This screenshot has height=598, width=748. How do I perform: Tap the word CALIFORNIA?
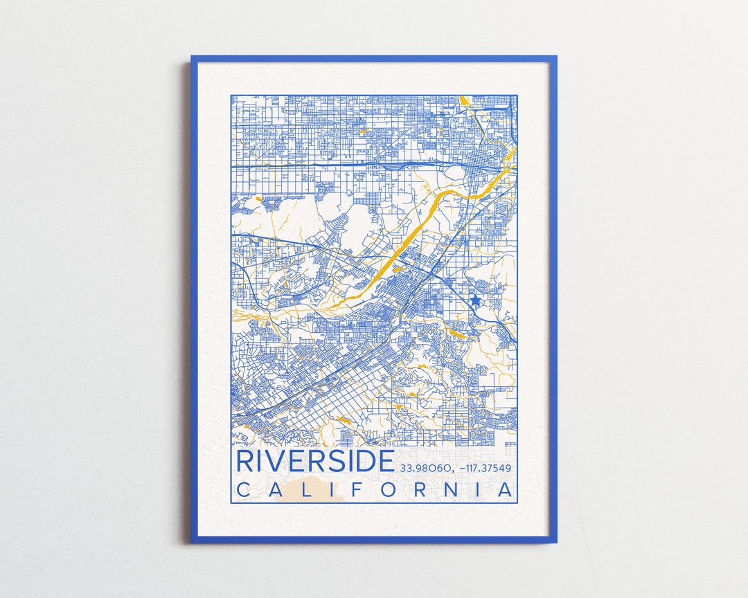click(376, 490)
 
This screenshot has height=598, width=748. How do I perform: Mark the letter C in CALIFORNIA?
click(243, 490)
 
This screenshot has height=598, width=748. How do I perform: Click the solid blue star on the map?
click(475, 301)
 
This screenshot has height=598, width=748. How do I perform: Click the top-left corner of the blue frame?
click(193, 57)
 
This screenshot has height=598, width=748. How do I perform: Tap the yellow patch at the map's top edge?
click(463, 101)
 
